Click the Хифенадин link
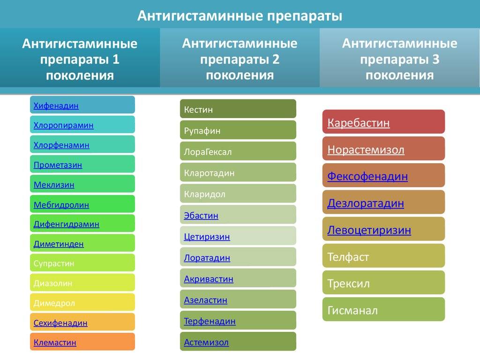(x=56, y=105)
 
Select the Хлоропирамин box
(x=82, y=125)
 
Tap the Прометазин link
(x=58, y=165)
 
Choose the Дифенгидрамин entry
(x=67, y=224)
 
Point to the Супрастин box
(x=82, y=262)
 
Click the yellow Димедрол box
(x=82, y=302)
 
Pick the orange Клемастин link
(x=55, y=342)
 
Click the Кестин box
(x=238, y=109)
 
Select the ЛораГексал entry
(x=238, y=151)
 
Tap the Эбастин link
(x=201, y=216)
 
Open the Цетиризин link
(x=207, y=237)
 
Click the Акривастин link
(x=209, y=279)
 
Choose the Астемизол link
(x=206, y=342)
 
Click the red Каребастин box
(x=383, y=121)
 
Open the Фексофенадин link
(x=367, y=176)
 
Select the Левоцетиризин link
(x=369, y=230)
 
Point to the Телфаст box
(x=383, y=255)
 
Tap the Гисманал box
(x=383, y=309)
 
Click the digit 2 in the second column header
(x=276, y=60)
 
